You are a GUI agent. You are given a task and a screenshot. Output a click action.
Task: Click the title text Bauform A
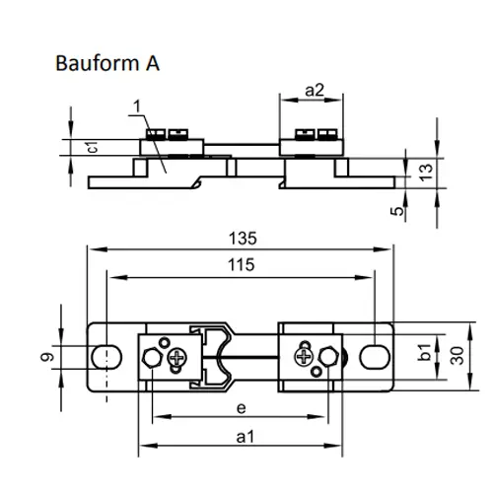[107, 63]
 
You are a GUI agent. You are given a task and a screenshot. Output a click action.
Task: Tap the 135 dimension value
[243, 239]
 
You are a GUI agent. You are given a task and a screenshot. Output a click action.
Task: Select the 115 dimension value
[242, 264]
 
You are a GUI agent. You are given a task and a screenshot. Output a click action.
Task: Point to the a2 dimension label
[315, 90]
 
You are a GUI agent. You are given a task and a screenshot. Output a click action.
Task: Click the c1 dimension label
[93, 147]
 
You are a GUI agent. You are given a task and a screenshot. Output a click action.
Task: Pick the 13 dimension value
[426, 173]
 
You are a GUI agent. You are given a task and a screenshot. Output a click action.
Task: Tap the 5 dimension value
[397, 210]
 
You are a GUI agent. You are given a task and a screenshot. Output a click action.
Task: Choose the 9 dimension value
[47, 357]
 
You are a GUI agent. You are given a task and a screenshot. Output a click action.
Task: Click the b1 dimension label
[424, 352]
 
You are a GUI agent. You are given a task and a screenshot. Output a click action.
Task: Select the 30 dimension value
[458, 356]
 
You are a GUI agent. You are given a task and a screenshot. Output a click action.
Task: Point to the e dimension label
[242, 408]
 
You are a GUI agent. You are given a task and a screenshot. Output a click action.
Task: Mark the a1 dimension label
[246, 437]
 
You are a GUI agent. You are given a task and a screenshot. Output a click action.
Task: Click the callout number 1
[137, 106]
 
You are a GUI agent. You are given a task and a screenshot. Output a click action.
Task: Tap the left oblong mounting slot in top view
[106, 357]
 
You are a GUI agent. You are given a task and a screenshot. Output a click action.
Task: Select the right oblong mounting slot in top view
[375, 357]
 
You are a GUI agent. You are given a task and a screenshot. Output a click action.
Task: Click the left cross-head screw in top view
[177, 357]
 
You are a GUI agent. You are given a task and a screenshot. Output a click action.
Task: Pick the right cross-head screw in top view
[304, 356]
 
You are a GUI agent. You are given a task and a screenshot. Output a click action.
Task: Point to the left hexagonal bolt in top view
[152, 357]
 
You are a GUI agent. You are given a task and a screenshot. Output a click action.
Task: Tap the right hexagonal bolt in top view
[329, 356]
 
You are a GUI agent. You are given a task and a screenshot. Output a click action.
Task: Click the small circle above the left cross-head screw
[164, 342]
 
